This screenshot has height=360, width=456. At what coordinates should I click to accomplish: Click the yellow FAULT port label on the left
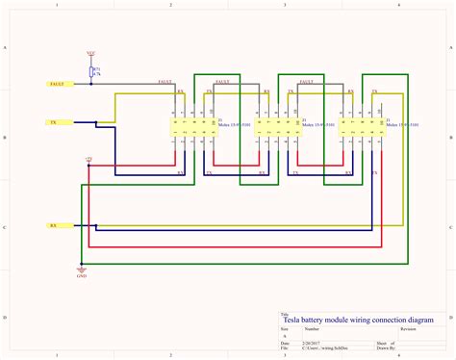[x=57, y=85]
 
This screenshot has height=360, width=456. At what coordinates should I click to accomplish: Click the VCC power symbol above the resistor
[x=91, y=54]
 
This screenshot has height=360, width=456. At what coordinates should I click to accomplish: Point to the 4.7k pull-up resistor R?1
[x=92, y=71]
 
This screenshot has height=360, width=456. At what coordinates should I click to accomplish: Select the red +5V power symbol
[x=89, y=157]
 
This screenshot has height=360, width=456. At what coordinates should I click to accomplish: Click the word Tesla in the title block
[x=291, y=321]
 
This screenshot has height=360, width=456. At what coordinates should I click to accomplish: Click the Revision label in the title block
[x=408, y=329]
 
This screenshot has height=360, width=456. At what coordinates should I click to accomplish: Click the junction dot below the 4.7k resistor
[x=92, y=85]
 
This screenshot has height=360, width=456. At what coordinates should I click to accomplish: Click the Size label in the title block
[x=284, y=329]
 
